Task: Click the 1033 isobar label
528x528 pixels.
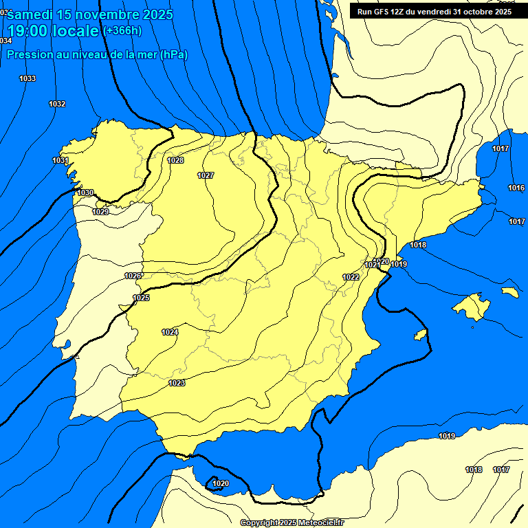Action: pyautogui.click(x=27, y=79)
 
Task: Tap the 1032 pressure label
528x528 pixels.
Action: pyautogui.click(x=57, y=104)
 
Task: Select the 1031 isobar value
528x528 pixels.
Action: pyautogui.click(x=60, y=161)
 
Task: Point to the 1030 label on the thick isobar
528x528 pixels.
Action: pyautogui.click(x=85, y=193)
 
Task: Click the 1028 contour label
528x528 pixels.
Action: pyautogui.click(x=175, y=161)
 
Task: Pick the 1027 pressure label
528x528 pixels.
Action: pyautogui.click(x=206, y=176)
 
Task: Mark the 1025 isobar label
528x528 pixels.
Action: pyautogui.click(x=141, y=298)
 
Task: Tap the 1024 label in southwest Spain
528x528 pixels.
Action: pyautogui.click(x=170, y=333)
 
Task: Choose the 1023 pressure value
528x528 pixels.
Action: pyautogui.click(x=177, y=384)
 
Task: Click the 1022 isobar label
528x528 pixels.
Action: pyautogui.click(x=351, y=278)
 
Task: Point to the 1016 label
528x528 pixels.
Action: pyautogui.click(x=516, y=188)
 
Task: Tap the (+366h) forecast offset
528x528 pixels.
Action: pyautogui.click(x=121, y=31)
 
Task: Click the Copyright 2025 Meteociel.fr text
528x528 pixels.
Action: pyautogui.click(x=292, y=523)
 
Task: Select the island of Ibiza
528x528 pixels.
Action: pyautogui.click(x=421, y=334)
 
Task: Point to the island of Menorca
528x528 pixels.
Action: pyautogui.click(x=509, y=292)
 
